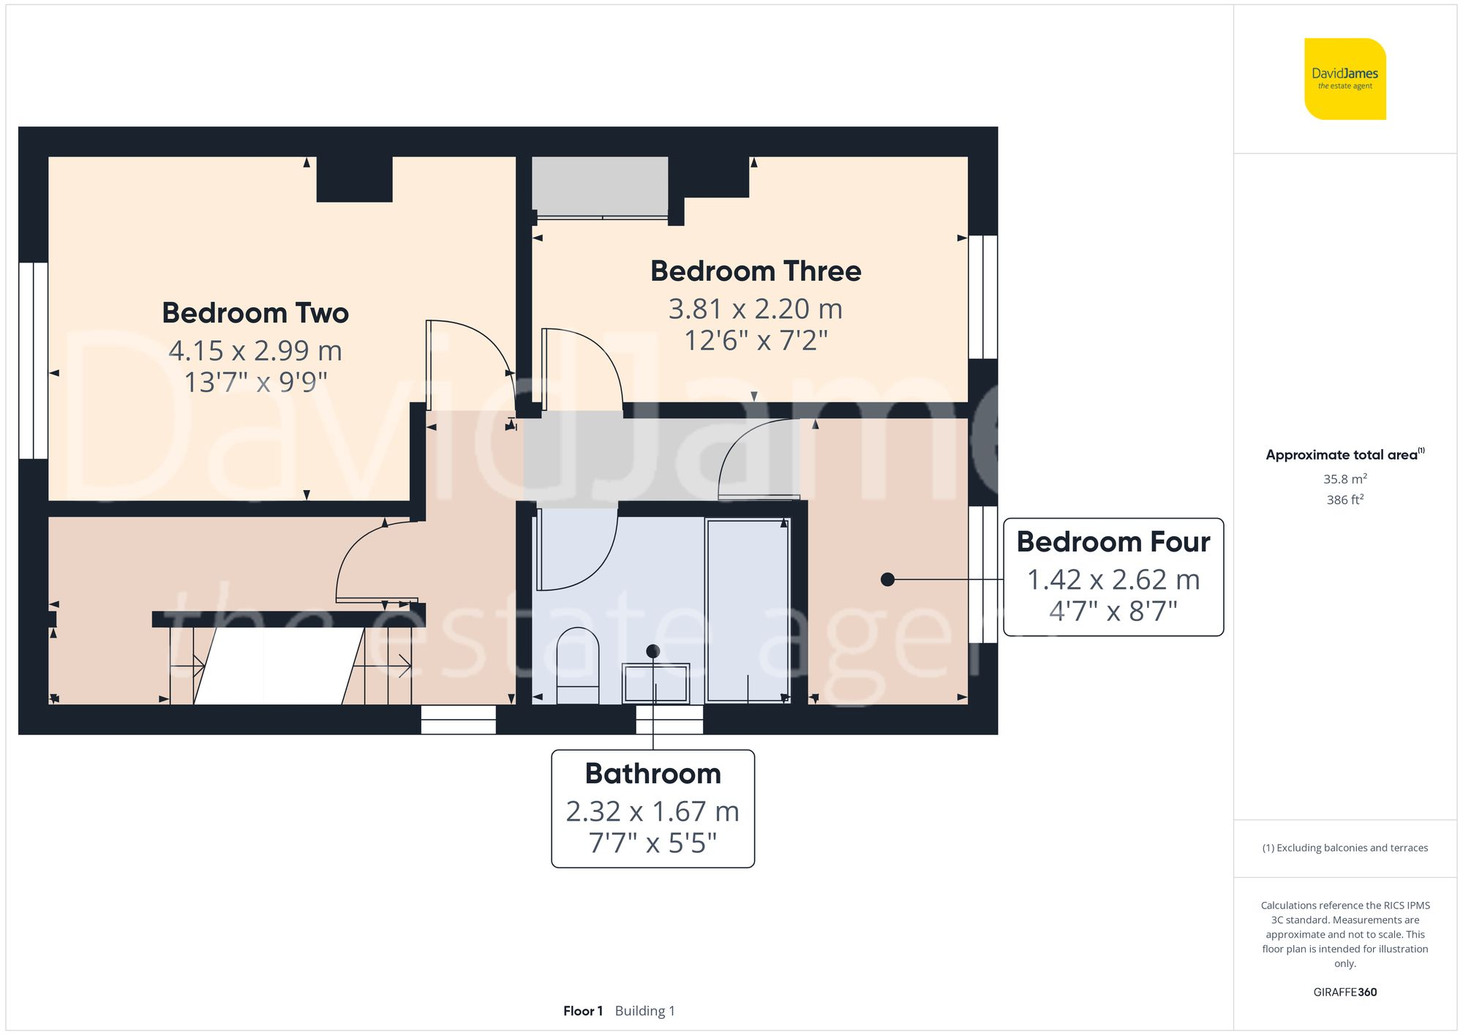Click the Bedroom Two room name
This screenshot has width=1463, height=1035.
tap(255, 313)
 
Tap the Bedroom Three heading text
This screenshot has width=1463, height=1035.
tap(756, 271)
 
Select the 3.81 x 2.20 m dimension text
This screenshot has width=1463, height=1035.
tap(756, 309)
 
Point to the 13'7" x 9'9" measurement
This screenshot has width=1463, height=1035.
tap(255, 382)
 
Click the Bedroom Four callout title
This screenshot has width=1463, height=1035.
tap(1113, 542)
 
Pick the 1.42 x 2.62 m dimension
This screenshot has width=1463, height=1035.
tap(1113, 580)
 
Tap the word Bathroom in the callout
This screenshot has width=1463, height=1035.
tap(652, 774)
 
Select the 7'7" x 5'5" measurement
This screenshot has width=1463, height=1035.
tap(652, 843)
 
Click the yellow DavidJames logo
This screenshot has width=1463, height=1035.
tap(1344, 79)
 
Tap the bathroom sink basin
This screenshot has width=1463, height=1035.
tap(655, 683)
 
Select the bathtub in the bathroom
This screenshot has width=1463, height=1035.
tap(748, 610)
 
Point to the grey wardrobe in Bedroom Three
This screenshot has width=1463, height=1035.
tap(600, 186)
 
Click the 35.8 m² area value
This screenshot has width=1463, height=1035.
tap(1344, 479)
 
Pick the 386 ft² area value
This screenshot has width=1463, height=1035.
tap(1344, 500)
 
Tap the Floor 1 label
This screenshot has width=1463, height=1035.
tap(582, 1011)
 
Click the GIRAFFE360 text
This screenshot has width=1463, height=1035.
tap(1344, 993)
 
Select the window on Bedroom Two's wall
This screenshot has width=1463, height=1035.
tap(33, 361)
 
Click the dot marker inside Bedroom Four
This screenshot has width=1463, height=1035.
tap(887, 579)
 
